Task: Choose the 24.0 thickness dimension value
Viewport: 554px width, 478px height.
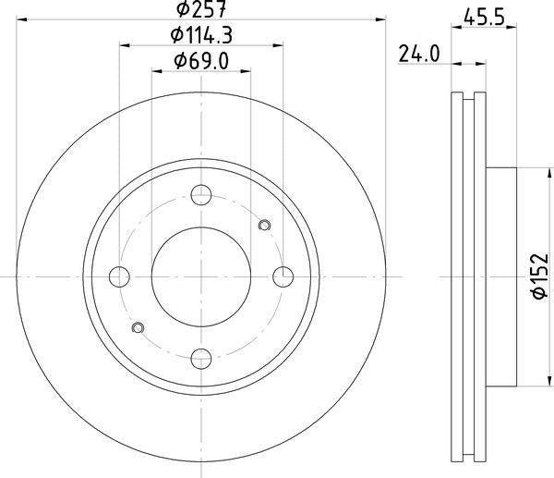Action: coord(418,54)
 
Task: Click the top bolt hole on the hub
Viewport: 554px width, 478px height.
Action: coord(200,195)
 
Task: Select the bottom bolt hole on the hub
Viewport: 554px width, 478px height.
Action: coord(200,356)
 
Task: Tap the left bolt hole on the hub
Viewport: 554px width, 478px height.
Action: coord(119,276)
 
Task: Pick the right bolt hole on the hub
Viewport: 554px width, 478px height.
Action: coord(282,276)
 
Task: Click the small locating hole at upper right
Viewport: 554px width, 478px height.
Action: coord(265,224)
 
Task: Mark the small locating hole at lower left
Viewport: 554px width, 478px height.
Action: coord(138,327)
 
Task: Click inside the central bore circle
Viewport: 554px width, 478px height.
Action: coord(200,276)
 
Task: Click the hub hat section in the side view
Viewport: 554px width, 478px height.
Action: coord(499,276)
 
